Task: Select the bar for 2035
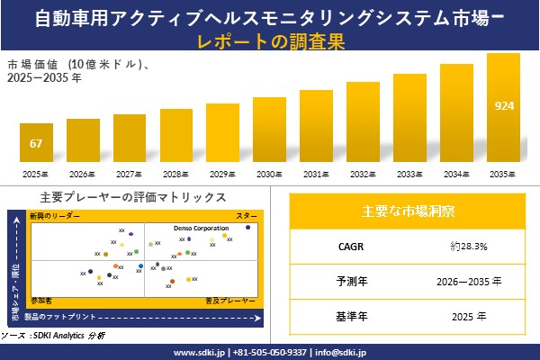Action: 504,108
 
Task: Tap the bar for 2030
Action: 269,130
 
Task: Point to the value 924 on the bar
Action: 504,106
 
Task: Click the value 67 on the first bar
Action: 36,144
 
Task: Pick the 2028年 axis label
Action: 175,174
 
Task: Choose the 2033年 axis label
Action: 409,174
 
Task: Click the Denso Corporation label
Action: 201,229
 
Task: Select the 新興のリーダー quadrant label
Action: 54,217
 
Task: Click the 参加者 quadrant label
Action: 41,298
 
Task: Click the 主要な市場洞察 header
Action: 408,211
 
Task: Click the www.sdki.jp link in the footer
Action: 199,352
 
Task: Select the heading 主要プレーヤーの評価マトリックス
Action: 133,197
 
